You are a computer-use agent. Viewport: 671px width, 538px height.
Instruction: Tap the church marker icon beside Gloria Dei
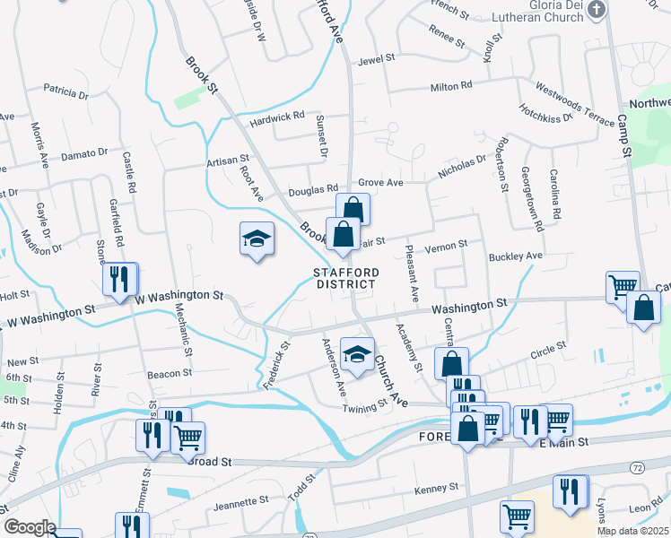[600, 8]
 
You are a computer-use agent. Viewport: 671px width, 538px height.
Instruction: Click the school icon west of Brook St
[257, 239]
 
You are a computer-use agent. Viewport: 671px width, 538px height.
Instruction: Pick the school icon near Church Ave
[356, 354]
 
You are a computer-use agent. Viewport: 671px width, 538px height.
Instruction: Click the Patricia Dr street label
[65, 92]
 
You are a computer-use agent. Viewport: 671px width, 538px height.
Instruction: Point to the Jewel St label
[377, 58]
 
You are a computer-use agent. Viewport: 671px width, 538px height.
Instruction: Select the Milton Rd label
[451, 86]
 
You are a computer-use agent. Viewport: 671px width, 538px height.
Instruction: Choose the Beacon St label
[170, 372]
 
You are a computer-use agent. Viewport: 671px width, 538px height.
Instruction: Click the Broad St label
[210, 461]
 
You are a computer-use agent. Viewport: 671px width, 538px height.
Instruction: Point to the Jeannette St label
[242, 504]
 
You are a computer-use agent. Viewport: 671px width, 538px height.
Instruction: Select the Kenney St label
[436, 490]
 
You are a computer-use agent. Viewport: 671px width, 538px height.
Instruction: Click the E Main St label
[562, 442]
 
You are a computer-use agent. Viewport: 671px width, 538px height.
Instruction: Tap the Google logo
[30, 527]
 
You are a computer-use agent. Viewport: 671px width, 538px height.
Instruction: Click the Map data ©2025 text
[633, 531]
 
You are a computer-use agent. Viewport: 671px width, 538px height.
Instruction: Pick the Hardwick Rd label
[278, 117]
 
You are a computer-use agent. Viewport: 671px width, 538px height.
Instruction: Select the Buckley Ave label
[516, 256]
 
